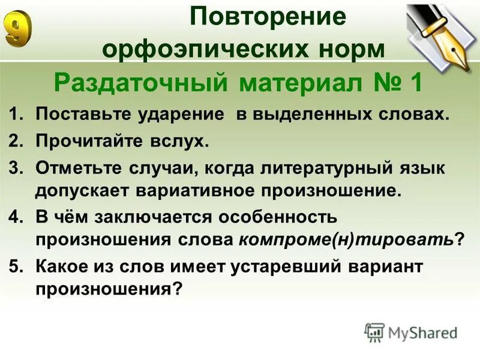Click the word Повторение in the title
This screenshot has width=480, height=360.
pos(268,17)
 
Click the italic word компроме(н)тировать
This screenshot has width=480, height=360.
pos(346,239)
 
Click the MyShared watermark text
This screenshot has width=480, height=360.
pos(422,332)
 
